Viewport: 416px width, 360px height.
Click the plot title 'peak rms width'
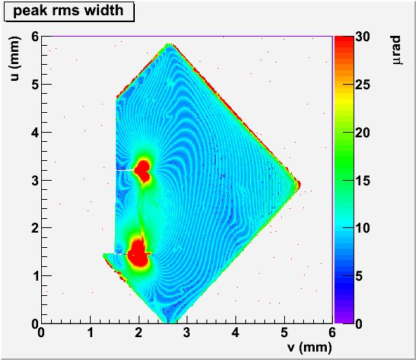point(69,11)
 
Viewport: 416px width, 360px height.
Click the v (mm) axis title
point(309,347)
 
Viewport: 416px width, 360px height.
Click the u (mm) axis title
point(14,59)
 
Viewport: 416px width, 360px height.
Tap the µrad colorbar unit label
point(396,50)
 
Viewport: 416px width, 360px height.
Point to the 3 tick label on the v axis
point(187,333)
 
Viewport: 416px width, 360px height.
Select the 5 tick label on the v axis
point(284,333)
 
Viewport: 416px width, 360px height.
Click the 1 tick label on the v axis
point(91,333)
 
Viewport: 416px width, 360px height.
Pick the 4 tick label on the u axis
point(35,132)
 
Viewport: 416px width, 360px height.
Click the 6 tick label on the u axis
point(35,37)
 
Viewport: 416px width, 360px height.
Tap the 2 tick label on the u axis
point(35,228)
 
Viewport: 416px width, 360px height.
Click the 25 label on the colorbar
point(363,85)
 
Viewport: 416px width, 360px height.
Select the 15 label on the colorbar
point(363,181)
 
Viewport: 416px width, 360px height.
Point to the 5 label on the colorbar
point(359,276)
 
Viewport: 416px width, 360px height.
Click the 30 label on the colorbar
point(363,37)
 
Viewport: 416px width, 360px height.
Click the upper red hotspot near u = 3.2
point(143,171)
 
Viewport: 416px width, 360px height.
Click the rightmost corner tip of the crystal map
point(299,185)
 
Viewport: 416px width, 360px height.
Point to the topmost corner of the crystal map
point(169,43)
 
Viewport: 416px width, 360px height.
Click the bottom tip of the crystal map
point(168,323)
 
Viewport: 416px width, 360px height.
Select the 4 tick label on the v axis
point(235,333)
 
